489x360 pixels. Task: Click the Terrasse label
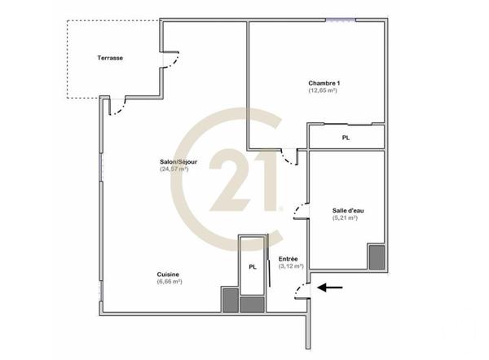(x=110, y=59)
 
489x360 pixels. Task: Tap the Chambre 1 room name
(x=324, y=82)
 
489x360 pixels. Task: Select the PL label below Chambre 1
(x=346, y=138)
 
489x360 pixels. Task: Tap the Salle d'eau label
(x=348, y=210)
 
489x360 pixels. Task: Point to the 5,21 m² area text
(x=348, y=218)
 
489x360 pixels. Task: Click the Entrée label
(x=289, y=258)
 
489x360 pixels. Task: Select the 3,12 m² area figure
(x=291, y=266)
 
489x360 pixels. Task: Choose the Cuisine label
(x=169, y=274)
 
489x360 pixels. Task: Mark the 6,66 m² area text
(x=170, y=282)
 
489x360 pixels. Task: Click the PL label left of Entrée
(x=253, y=266)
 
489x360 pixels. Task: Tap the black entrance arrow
(x=330, y=287)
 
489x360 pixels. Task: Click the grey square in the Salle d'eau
(x=377, y=257)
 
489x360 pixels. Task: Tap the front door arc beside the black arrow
(x=301, y=290)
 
